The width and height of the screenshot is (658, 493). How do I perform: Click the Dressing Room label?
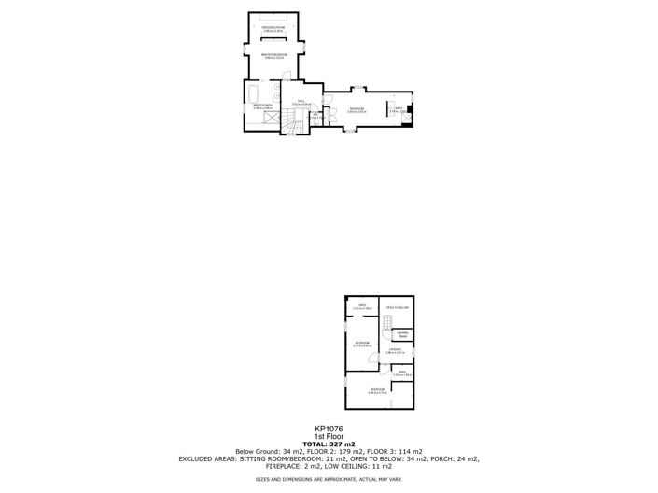pos(273,31)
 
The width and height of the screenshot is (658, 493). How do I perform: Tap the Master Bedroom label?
pos(273,56)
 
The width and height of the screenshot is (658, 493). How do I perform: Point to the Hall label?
pos(301,101)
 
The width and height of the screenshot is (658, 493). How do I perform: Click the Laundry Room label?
pos(403,333)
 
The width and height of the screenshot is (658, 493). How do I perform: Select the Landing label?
pos(395,351)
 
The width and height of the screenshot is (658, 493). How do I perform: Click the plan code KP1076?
pos(329,430)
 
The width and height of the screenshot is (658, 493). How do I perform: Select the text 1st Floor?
pos(329,436)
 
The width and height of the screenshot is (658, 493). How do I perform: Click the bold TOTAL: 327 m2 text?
pos(329,444)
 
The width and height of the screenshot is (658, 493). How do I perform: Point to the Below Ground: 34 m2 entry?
pos(265,451)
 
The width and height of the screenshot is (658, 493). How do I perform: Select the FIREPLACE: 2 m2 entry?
pos(277,466)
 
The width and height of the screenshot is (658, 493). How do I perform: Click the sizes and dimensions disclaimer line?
pos(329,480)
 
